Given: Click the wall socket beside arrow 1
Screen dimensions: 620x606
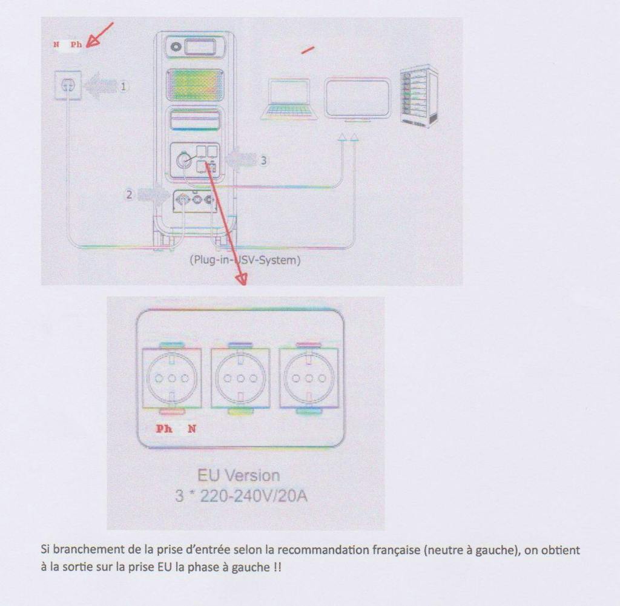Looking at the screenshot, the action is pyautogui.click(x=68, y=85).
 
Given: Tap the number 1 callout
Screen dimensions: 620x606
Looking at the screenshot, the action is pyautogui.click(x=124, y=86).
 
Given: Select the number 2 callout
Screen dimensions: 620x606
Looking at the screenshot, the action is pyautogui.click(x=129, y=194).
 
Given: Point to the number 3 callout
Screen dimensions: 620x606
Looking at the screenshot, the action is pyautogui.click(x=263, y=160).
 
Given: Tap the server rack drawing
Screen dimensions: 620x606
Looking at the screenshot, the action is pyautogui.click(x=419, y=96).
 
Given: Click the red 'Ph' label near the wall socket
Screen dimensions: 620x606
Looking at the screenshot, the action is pyautogui.click(x=76, y=45).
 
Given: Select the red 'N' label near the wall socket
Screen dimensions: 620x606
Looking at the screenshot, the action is pyautogui.click(x=56, y=45).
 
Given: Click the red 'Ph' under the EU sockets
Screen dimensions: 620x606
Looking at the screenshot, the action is pyautogui.click(x=164, y=429).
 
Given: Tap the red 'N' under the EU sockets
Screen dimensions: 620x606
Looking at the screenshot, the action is pyautogui.click(x=192, y=429).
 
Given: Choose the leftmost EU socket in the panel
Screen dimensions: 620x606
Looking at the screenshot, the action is pyautogui.click(x=171, y=378).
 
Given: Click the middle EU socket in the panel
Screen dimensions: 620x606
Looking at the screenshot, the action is pyautogui.click(x=240, y=378).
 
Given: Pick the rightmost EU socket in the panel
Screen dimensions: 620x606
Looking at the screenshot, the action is pyautogui.click(x=309, y=378).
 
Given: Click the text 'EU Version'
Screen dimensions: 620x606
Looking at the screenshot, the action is pyautogui.click(x=239, y=476).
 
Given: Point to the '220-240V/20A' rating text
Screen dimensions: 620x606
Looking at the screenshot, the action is pyautogui.click(x=254, y=496).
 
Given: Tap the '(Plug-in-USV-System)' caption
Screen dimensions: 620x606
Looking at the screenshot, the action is pyautogui.click(x=245, y=260).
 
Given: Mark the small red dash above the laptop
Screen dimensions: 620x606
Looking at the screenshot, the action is pyautogui.click(x=308, y=50).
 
